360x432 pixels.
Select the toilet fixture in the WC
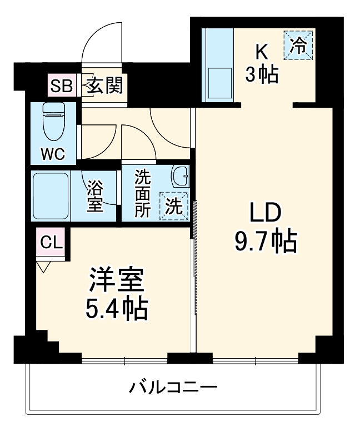[54, 122]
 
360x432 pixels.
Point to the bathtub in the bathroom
[51, 195]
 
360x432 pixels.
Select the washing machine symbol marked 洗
[173, 206]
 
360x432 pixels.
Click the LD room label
[265, 213]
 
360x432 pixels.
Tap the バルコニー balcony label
[173, 387]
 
